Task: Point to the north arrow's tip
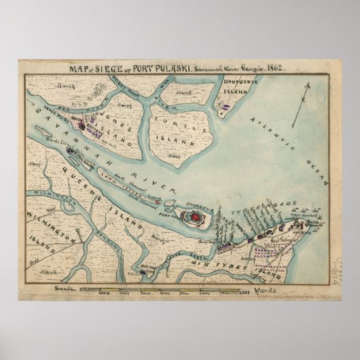click(x=308, y=82)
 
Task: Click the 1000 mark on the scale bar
click(x=104, y=294)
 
